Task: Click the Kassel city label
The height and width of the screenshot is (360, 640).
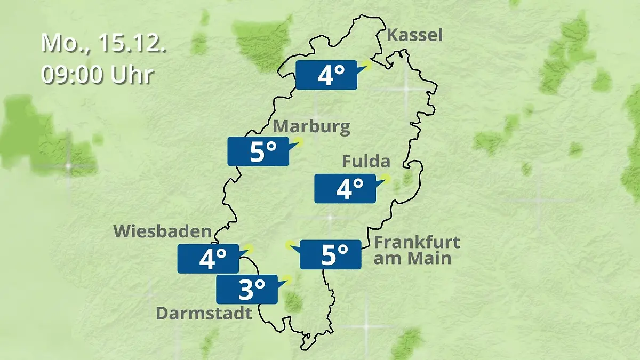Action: [414, 36]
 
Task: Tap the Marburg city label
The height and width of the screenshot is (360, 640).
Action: [312, 127]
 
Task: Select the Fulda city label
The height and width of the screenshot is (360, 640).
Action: [366, 161]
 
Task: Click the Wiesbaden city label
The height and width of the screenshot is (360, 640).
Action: [163, 231]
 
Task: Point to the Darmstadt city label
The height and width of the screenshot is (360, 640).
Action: [204, 313]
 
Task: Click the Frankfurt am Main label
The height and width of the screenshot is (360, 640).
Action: [417, 250]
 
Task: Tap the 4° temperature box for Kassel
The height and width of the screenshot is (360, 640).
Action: [326, 75]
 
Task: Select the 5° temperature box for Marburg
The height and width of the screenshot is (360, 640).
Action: [259, 151]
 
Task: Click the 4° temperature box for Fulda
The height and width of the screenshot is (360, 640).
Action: [345, 188]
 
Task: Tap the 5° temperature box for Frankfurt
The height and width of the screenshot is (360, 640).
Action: [330, 254]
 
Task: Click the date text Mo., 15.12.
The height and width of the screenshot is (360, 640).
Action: [104, 43]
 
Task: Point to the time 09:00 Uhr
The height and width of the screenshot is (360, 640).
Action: [98, 75]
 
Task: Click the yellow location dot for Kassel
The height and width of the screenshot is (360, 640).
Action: [367, 65]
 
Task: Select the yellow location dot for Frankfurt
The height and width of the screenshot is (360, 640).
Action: [290, 245]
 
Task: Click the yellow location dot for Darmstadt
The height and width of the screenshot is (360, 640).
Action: [288, 278]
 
